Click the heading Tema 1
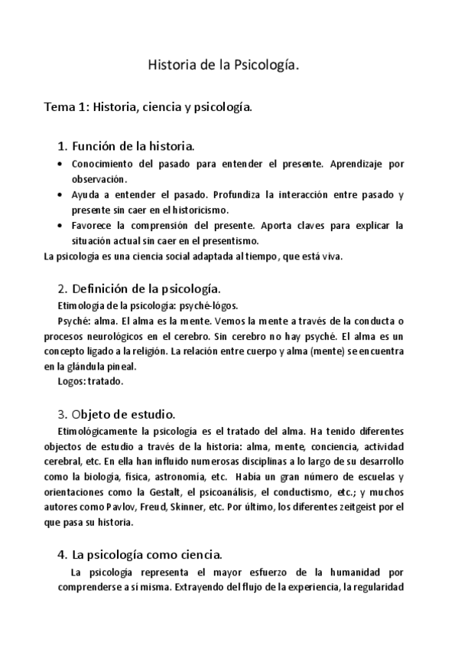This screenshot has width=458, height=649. click(148, 107)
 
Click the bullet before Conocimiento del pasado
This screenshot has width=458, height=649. click(60, 165)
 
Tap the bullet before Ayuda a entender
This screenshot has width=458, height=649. click(60, 195)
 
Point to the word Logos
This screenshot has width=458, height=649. click(70, 380)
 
